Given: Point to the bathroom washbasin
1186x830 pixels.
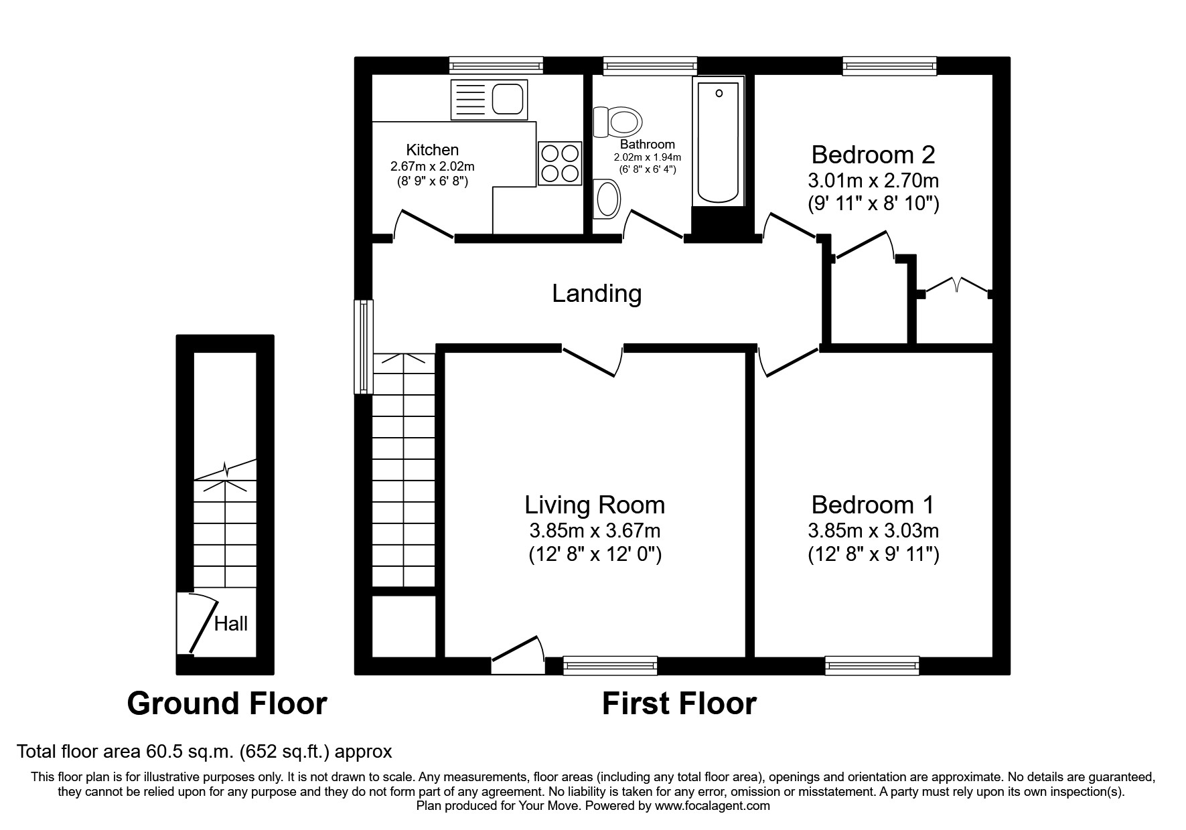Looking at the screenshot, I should click(x=607, y=199).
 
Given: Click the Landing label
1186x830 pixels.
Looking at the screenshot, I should click(x=597, y=293).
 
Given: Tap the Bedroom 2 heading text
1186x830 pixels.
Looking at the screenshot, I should click(x=873, y=155).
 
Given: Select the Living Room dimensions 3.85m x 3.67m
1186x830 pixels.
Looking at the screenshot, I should click(x=595, y=531).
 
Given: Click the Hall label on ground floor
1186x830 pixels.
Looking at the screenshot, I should click(x=230, y=624).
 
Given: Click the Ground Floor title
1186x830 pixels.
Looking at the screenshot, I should click(x=226, y=703).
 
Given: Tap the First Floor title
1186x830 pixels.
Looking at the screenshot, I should click(x=678, y=703).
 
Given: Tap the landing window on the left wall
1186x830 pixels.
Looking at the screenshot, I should click(x=364, y=346).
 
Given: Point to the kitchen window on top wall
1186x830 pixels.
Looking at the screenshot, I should click(x=496, y=65).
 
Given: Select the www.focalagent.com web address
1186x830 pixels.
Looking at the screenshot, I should click(x=712, y=806).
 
